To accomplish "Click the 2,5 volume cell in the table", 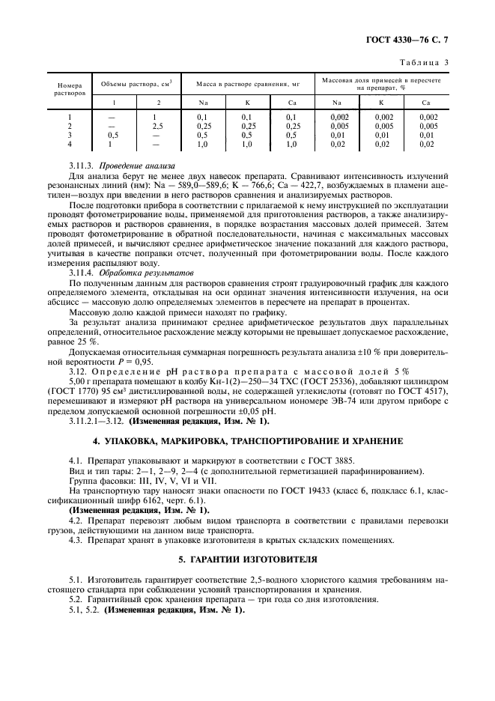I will (158, 127).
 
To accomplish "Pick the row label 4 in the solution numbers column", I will (69, 144).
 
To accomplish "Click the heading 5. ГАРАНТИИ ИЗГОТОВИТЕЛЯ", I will (247, 559).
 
